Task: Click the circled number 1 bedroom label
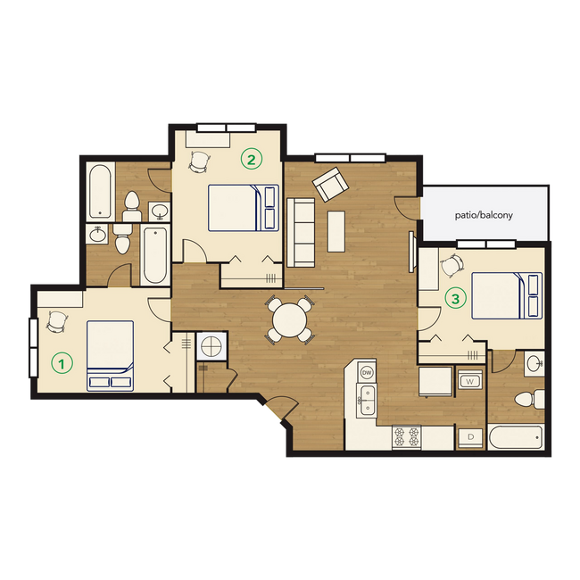(62, 363)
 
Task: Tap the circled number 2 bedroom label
(252, 160)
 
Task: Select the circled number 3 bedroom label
(455, 300)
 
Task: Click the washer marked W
(469, 383)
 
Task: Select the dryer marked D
(469, 436)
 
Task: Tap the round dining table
(290, 319)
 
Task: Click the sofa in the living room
(300, 230)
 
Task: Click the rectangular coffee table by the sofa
(336, 231)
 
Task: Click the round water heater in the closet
(212, 345)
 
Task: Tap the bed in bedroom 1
(111, 355)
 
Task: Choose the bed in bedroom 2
(244, 207)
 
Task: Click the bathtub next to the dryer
(516, 438)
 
